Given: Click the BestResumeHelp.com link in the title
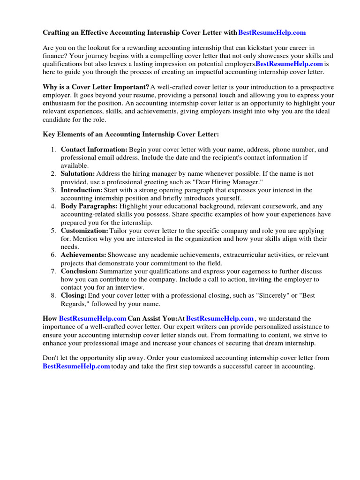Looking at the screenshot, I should pyautogui.click(x=272, y=33).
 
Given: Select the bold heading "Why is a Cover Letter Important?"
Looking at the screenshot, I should pyautogui.click(x=96, y=87).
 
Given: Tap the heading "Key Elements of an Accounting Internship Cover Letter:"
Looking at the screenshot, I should pyautogui.click(x=131, y=134).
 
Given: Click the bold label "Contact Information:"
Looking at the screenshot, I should pyautogui.click(x=94, y=150).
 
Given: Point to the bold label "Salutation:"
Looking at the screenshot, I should pyautogui.click(x=77, y=173).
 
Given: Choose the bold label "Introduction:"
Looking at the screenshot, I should pyautogui.click(x=82, y=190).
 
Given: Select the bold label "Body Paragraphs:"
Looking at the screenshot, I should pyautogui.click(x=89, y=206).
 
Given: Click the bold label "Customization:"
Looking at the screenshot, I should pyautogui.click(x=84, y=231).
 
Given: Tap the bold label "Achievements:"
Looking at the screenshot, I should pyautogui.click(x=83, y=255).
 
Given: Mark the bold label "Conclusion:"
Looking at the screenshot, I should pyautogui.click(x=79, y=271).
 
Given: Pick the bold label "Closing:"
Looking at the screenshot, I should pyautogui.click(x=74, y=296).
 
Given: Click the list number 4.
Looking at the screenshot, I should pyautogui.click(x=53, y=206).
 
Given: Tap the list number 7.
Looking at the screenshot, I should pyautogui.click(x=53, y=271).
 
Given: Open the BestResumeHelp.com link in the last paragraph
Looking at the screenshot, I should pyautogui.click(x=76, y=366).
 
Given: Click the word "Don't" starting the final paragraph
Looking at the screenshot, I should pyautogui.click(x=51, y=358).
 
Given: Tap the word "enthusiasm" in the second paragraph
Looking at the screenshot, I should pyautogui.click(x=61, y=103).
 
